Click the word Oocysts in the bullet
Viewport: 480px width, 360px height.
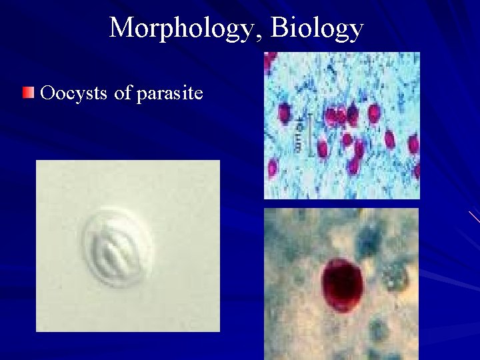(74, 92)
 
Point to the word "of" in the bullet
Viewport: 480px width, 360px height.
(123, 92)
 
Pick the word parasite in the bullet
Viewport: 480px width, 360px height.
(169, 93)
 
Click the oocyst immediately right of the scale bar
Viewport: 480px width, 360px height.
(323, 149)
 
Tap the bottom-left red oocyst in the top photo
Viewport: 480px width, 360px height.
(273, 169)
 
